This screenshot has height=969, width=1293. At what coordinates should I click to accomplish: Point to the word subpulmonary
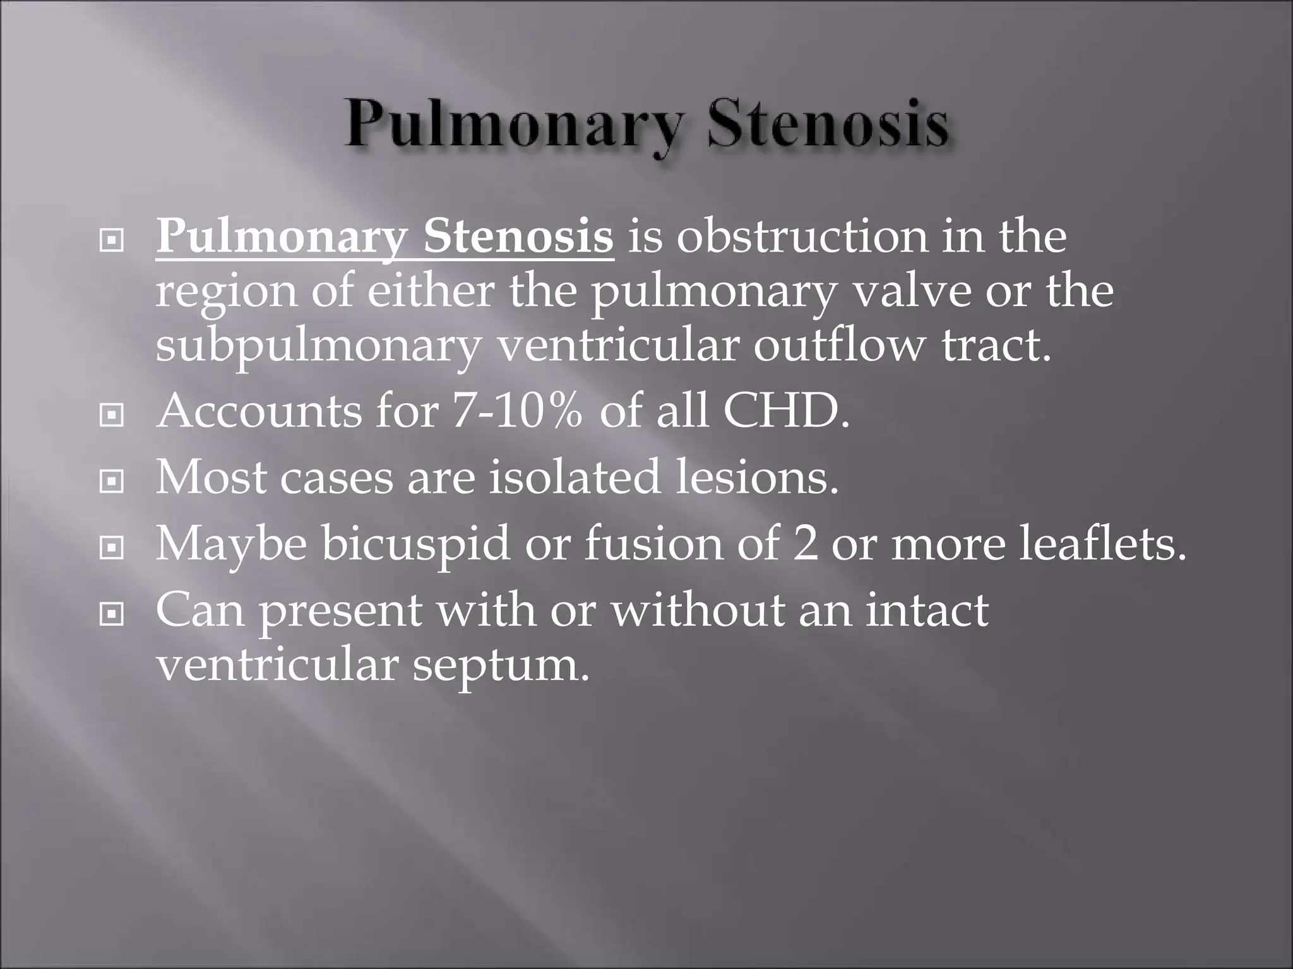[x=318, y=347]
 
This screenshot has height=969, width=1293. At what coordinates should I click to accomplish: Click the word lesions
[x=758, y=478]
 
